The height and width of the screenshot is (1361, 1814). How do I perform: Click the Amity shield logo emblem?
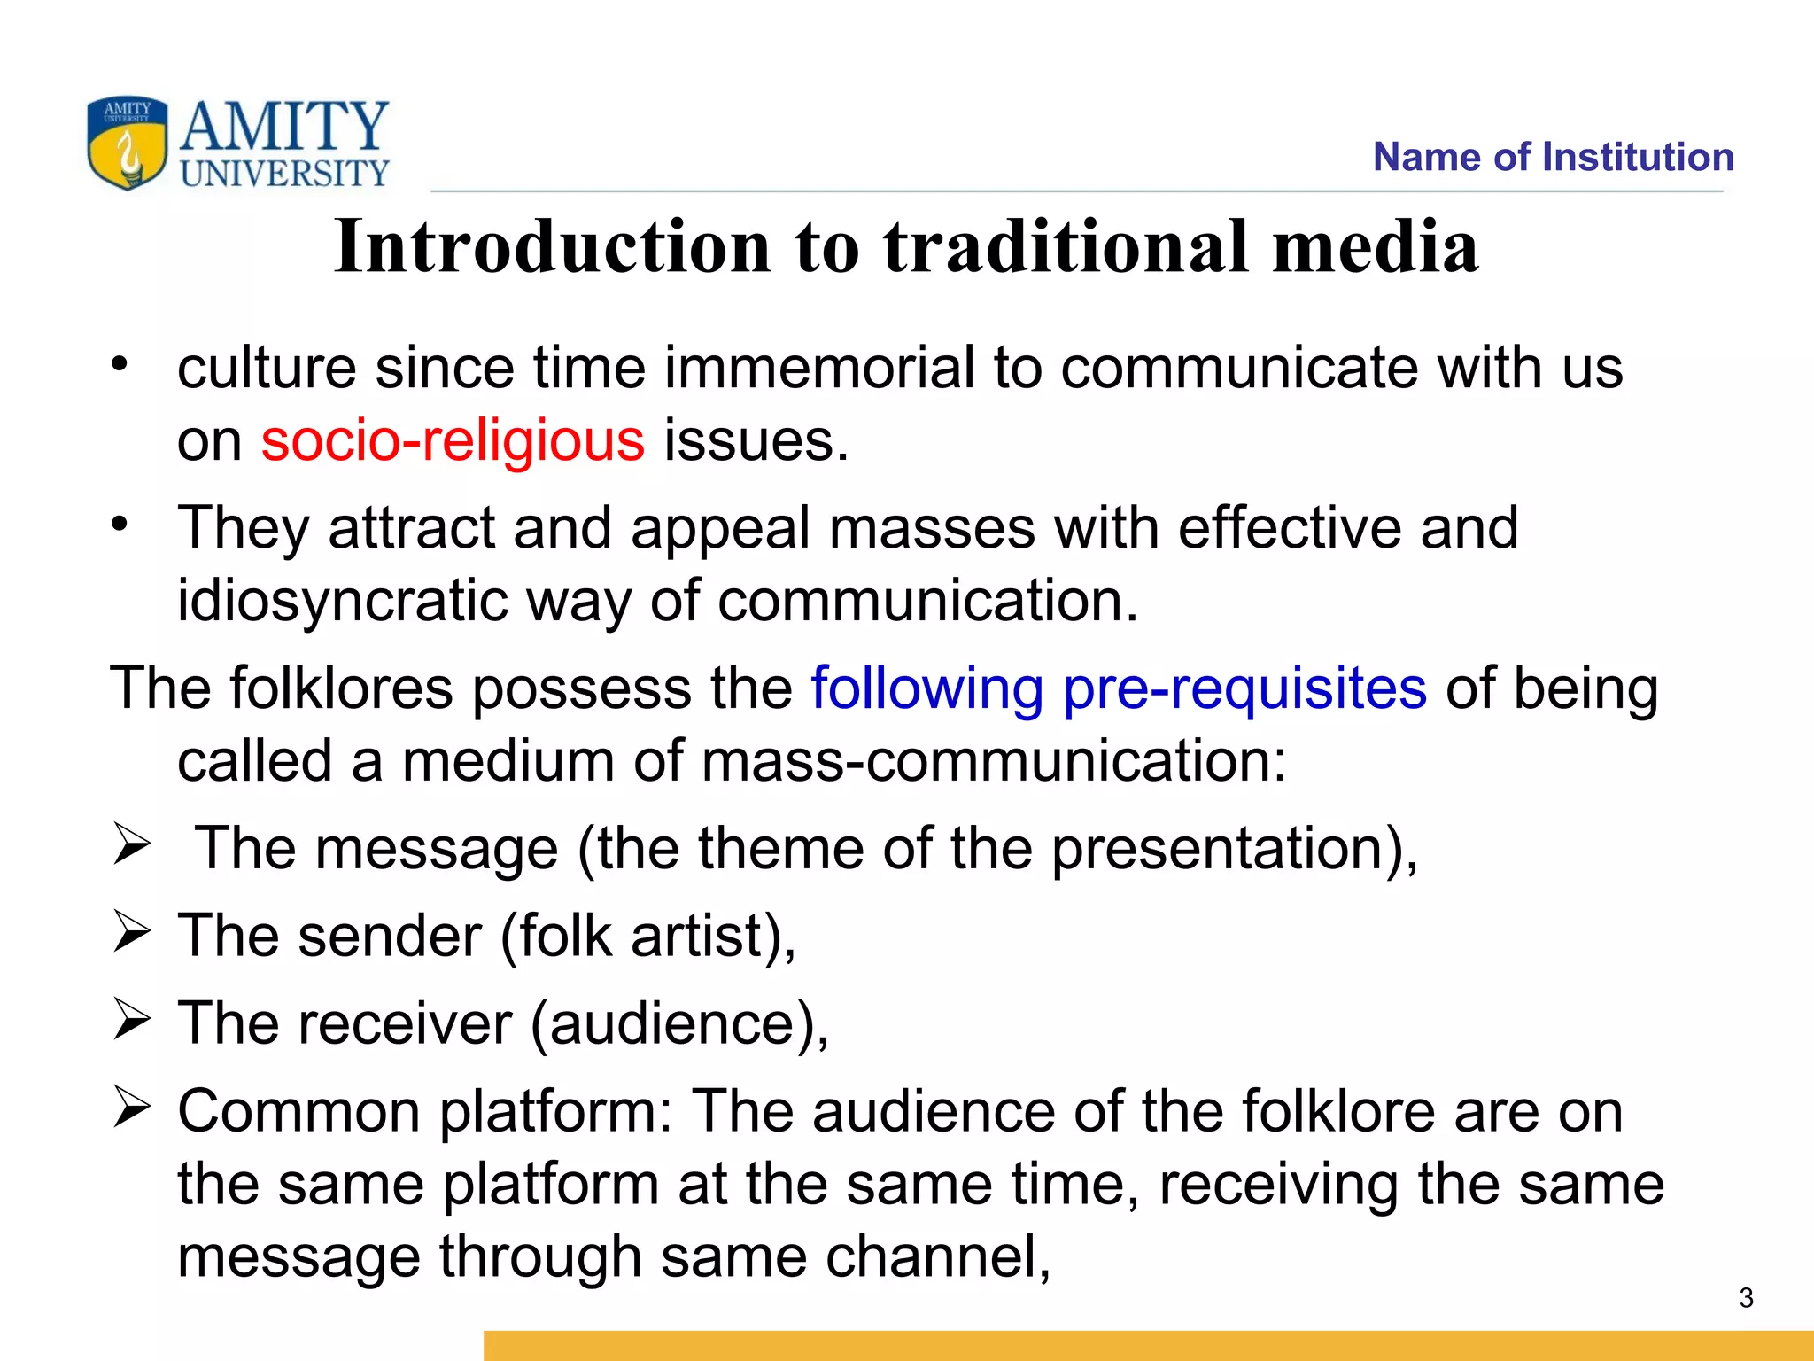127,143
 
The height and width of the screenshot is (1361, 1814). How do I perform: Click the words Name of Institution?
1553,157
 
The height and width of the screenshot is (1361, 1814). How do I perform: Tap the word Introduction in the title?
553,246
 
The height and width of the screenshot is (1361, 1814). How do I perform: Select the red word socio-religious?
453,440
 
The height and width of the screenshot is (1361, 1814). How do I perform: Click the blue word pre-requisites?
1244,688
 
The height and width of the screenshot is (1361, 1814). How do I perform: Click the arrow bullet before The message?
131,844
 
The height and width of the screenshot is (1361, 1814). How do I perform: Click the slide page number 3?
1746,1298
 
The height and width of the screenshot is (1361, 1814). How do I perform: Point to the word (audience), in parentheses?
679,1023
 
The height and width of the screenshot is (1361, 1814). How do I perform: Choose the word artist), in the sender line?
713,937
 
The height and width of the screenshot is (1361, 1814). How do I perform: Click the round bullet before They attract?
120,524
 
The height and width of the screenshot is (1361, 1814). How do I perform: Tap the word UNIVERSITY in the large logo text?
284,173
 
